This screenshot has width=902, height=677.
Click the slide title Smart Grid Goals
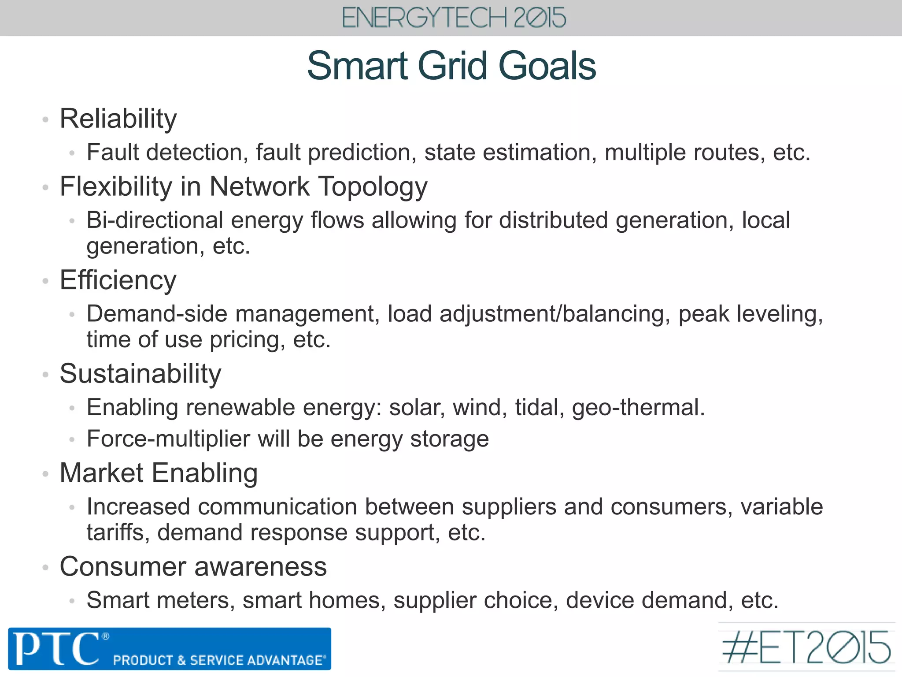(451, 66)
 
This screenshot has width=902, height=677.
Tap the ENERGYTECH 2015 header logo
(454, 18)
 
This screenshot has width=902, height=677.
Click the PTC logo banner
(170, 649)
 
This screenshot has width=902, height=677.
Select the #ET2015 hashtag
(806, 647)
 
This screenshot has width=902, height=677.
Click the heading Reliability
(118, 119)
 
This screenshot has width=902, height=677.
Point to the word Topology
(373, 187)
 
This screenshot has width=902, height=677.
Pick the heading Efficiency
(118, 280)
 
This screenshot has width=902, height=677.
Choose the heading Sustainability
(140, 374)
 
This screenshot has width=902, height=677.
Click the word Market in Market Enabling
(101, 473)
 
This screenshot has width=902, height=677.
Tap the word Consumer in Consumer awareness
(123, 567)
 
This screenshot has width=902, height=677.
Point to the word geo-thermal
(638, 408)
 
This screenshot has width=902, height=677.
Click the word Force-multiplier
(168, 439)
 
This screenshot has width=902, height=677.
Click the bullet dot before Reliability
(45, 119)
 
